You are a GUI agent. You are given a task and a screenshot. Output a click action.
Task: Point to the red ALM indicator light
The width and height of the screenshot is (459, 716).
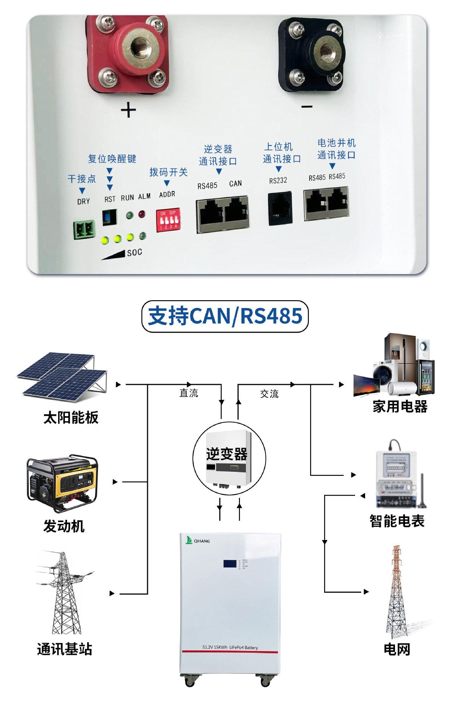(142, 214)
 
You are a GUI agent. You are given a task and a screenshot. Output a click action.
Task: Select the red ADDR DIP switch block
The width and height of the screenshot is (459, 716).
(168, 221)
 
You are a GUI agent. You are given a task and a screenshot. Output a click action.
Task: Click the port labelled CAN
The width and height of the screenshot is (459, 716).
(236, 215)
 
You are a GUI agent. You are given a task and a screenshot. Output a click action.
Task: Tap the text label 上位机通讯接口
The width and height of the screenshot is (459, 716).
(281, 153)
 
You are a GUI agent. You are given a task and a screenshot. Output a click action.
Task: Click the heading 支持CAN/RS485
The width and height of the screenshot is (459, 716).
(225, 316)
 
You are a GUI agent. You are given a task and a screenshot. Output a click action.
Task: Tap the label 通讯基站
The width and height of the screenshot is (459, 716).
(64, 649)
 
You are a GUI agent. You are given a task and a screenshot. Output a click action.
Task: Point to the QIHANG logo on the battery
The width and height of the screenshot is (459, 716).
(198, 540)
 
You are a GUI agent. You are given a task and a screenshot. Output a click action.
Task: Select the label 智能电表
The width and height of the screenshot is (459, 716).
(397, 521)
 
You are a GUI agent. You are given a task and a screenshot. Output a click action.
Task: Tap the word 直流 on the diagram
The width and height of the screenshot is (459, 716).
(189, 393)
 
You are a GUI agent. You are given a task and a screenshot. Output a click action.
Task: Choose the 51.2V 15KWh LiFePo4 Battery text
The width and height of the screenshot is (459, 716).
(230, 647)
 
